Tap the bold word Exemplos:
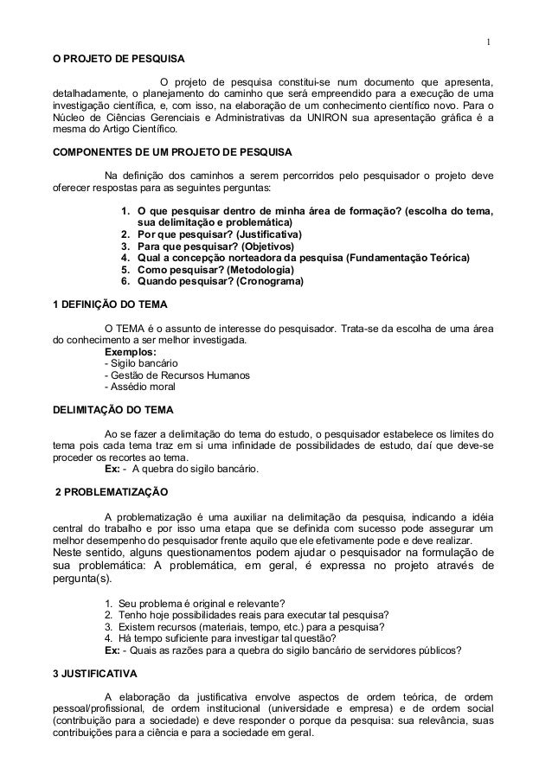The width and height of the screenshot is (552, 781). [x=130, y=352]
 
